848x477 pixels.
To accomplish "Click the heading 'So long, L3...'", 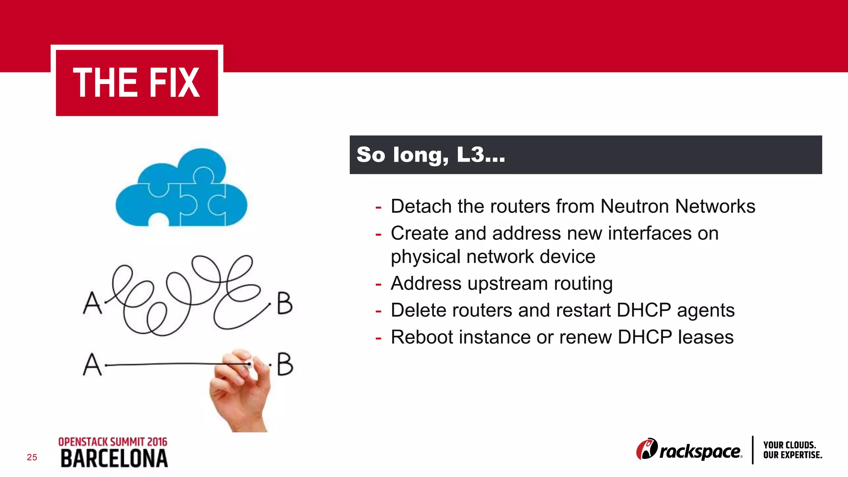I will pyautogui.click(x=431, y=155).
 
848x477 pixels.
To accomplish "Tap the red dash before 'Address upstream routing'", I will pyautogui.click(x=378, y=284).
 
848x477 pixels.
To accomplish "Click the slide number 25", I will pyautogui.click(x=32, y=457).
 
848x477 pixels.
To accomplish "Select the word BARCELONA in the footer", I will pyautogui.click(x=114, y=459).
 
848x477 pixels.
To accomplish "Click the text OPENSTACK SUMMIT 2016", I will pyautogui.click(x=113, y=442).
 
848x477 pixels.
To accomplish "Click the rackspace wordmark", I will pyautogui.click(x=700, y=451).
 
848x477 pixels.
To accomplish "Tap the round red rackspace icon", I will pyautogui.click(x=646, y=449).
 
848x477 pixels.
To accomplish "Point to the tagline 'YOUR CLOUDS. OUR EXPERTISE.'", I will pyautogui.click(x=792, y=450).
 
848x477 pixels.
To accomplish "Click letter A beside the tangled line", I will pyautogui.click(x=92, y=303).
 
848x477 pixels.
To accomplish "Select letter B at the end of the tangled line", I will pyautogui.click(x=284, y=303).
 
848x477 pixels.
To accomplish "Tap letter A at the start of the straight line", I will pyautogui.click(x=92, y=364).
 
